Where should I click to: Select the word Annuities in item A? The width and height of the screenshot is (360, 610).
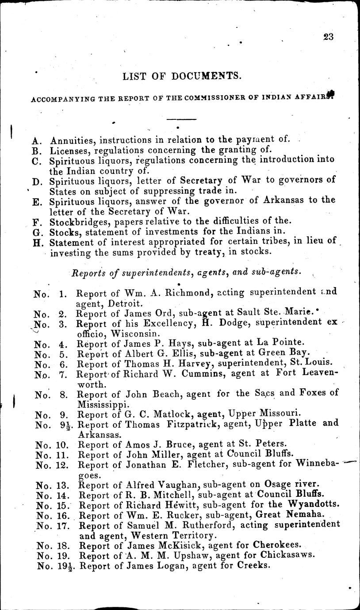pyautogui.click(x=73, y=140)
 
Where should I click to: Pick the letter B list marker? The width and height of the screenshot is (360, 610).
pyautogui.click(x=38, y=150)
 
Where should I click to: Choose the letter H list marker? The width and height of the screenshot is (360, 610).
pyautogui.click(x=38, y=242)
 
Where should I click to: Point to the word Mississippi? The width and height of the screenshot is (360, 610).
pyautogui.click(x=103, y=404)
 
